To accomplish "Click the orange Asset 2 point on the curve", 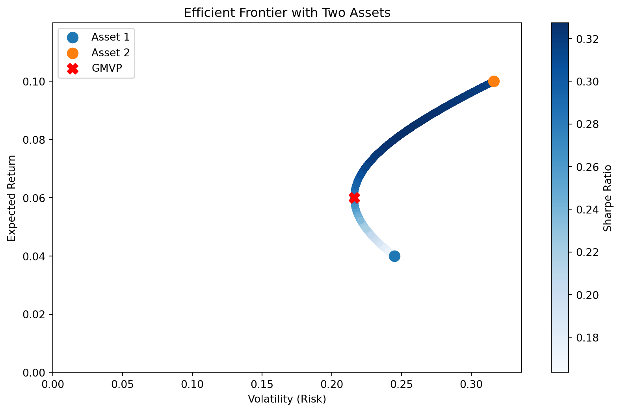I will click(x=494, y=81).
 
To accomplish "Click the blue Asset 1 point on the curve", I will click(x=394, y=256).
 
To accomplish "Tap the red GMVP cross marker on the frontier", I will click(x=354, y=198).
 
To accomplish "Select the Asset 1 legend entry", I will click(x=110, y=37).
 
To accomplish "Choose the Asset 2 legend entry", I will click(x=110, y=53).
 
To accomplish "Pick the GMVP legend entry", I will click(x=107, y=68).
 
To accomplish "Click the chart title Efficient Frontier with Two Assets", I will click(x=287, y=13).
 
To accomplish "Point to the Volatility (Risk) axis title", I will click(x=287, y=399).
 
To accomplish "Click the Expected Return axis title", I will click(x=12, y=198).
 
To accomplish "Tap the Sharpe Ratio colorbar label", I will click(x=608, y=198).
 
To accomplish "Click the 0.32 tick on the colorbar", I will click(x=588, y=39).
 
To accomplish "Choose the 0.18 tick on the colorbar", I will click(x=588, y=338).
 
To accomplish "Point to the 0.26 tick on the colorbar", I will click(x=588, y=167).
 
